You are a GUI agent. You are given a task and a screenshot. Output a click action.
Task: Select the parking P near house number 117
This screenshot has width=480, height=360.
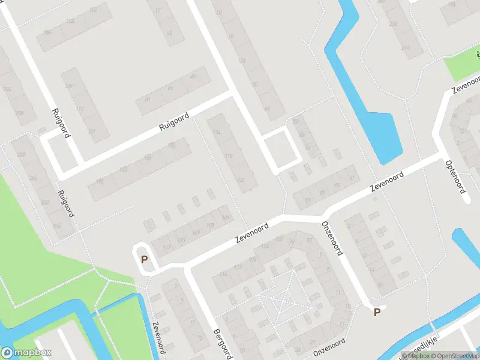pos(144,259)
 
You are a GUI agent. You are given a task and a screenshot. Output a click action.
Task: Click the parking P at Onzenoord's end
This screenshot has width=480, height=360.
pos(377,312)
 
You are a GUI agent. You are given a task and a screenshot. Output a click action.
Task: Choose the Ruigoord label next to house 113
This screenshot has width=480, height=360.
pos(58,123)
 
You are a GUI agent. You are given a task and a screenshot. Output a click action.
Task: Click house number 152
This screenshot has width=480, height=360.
pos(93,10)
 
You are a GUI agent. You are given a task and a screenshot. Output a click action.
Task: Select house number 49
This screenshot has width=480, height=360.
pos(192,77)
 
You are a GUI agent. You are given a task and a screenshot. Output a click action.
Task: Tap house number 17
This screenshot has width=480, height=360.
pos(158,11)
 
